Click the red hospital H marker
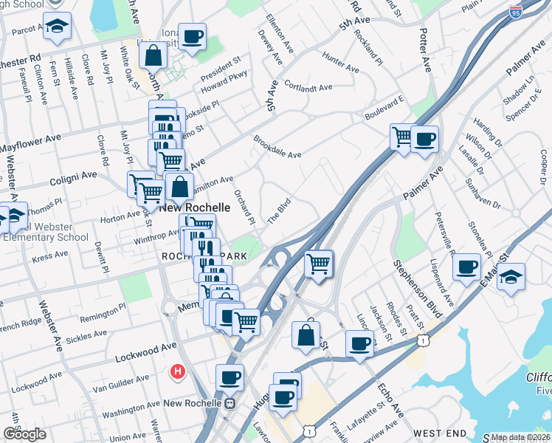pos(177,371)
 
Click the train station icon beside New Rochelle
pos(230,403)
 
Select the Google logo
pos(24,434)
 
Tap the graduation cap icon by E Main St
pos(511,277)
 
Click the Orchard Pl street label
pos(244,207)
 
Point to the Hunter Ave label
pos(340,62)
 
